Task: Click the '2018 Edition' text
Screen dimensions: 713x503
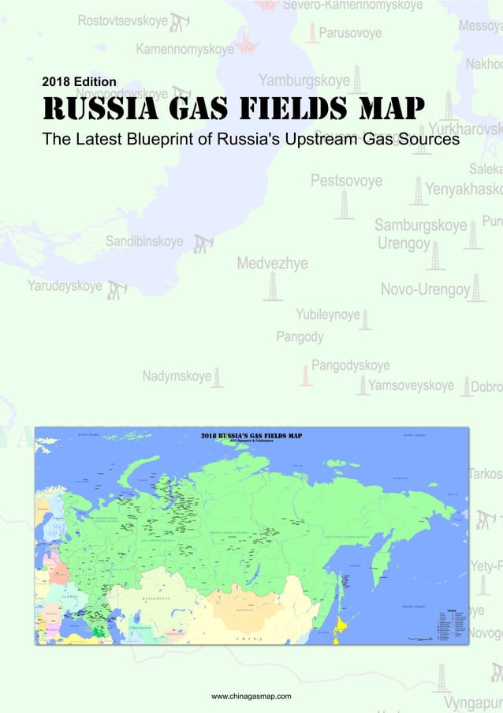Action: pos(79,81)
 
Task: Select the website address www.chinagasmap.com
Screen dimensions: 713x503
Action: pos(251,696)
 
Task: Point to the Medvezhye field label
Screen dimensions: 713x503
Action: pos(273,263)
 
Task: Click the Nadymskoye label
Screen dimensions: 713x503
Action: pos(177,376)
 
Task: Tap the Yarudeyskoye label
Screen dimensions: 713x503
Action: pos(65,285)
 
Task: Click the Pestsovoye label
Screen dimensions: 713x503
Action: pos(346,181)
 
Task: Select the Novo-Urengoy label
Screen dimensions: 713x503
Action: pos(425,290)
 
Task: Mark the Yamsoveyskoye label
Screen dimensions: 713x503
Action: pos(411,385)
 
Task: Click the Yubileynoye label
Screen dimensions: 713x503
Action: pos(328,314)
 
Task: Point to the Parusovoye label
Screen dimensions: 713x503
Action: pos(350,33)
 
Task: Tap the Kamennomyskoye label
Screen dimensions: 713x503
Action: pos(184,49)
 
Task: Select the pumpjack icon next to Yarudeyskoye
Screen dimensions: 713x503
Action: pos(117,290)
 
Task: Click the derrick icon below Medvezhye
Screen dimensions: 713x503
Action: pos(273,287)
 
